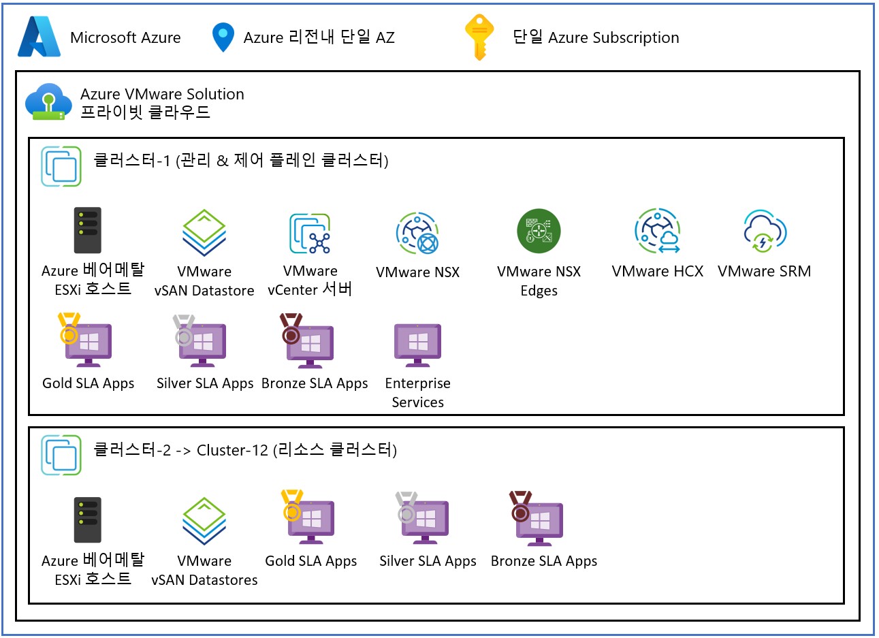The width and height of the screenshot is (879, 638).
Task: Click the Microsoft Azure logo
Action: coord(39,37)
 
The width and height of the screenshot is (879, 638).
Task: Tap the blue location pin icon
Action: coord(223,37)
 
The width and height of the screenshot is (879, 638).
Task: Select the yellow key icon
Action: coord(479,37)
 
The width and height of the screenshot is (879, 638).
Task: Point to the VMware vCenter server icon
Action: coord(310,234)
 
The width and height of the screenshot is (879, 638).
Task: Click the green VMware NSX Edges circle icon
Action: coord(539,231)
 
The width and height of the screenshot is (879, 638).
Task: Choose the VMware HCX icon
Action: coord(658,232)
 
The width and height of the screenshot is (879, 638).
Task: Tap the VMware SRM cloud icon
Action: coord(765,232)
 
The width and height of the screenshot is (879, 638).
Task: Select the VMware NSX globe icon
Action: coord(417,234)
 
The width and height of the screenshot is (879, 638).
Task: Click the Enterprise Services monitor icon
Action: coord(417,345)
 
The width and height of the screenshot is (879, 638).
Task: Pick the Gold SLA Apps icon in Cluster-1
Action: coord(86,340)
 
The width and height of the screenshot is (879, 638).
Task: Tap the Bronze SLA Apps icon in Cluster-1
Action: coord(308,340)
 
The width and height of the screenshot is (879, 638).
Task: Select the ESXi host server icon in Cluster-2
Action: coord(87,520)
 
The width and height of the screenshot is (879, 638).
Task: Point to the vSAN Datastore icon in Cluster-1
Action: coord(204,234)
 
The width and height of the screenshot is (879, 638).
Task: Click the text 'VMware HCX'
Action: coord(657,272)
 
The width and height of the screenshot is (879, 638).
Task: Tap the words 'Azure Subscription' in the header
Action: coord(613,38)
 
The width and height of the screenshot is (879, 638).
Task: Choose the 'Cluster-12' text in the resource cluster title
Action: coord(232,451)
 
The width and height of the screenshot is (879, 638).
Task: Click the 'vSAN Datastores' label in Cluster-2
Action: coord(204,580)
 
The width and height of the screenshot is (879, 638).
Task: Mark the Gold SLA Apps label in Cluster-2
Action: coord(310,561)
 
